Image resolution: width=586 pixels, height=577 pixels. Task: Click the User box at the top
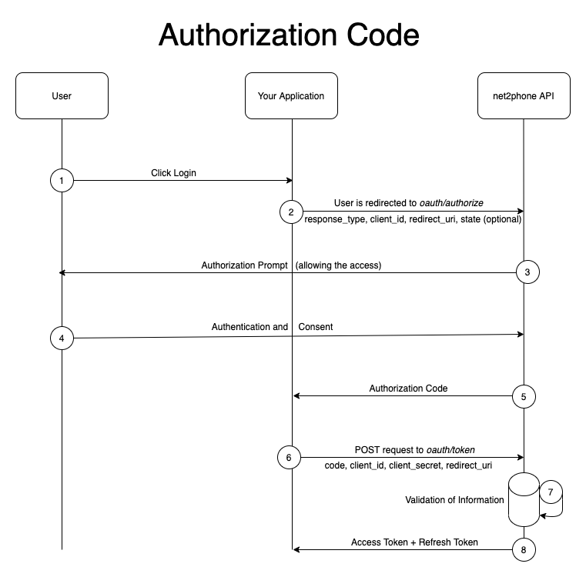click(62, 96)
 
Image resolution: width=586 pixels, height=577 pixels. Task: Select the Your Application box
click(292, 96)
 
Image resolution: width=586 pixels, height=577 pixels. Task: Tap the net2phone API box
click(524, 96)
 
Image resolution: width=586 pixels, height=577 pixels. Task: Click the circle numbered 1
click(62, 180)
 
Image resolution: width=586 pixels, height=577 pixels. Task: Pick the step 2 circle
click(292, 212)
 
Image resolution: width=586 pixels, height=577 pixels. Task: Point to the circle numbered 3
click(527, 272)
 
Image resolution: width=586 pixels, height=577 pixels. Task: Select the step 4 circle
click(62, 338)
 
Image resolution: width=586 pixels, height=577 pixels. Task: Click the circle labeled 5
click(524, 396)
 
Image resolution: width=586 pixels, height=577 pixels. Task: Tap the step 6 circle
click(290, 457)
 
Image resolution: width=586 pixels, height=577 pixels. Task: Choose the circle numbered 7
click(551, 492)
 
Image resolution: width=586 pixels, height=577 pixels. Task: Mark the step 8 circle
click(524, 549)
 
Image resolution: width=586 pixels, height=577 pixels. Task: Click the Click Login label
click(173, 173)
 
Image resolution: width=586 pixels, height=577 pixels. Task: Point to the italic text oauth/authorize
click(451, 203)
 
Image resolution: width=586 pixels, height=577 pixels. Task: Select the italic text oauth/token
click(450, 449)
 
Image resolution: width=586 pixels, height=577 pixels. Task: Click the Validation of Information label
click(454, 500)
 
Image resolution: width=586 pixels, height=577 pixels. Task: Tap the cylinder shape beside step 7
click(524, 500)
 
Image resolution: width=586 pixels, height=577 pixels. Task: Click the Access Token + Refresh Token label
click(414, 542)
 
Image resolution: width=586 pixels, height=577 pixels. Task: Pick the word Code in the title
click(383, 35)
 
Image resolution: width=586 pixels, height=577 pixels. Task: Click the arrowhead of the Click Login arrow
click(290, 180)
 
